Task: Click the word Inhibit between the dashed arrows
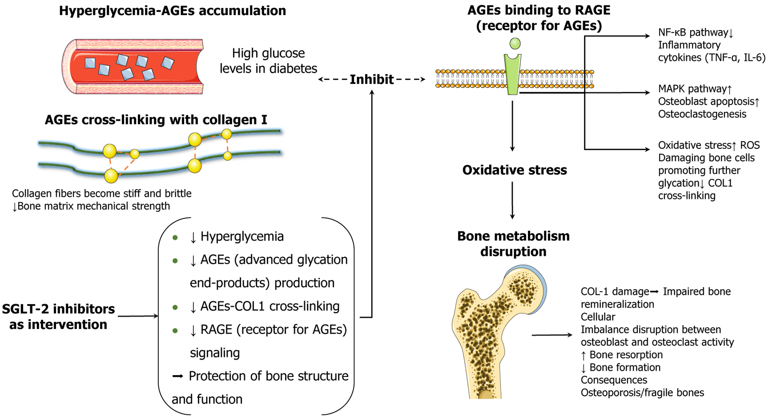pos(371,79)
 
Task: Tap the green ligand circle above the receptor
pos(515,43)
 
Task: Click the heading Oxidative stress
pos(514,170)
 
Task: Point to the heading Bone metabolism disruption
pos(513,244)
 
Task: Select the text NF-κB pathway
pos(693,32)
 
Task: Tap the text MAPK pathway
pos(692,89)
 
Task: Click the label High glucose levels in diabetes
pos(268,61)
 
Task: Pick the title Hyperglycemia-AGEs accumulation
pos(172,11)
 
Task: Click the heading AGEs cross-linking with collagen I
pos(156,120)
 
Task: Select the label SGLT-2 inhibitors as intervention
pos(58,317)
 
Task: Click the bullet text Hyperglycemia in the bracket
pos(242,237)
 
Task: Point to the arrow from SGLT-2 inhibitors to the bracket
pos(138,316)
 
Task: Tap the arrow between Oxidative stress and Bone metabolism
pos(512,200)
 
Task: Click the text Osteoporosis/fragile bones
pos(642,393)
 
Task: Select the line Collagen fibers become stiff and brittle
pos(102,193)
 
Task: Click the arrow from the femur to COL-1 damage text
pos(552,335)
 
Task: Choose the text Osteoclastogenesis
pos(702,114)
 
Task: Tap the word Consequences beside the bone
pos(614,380)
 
